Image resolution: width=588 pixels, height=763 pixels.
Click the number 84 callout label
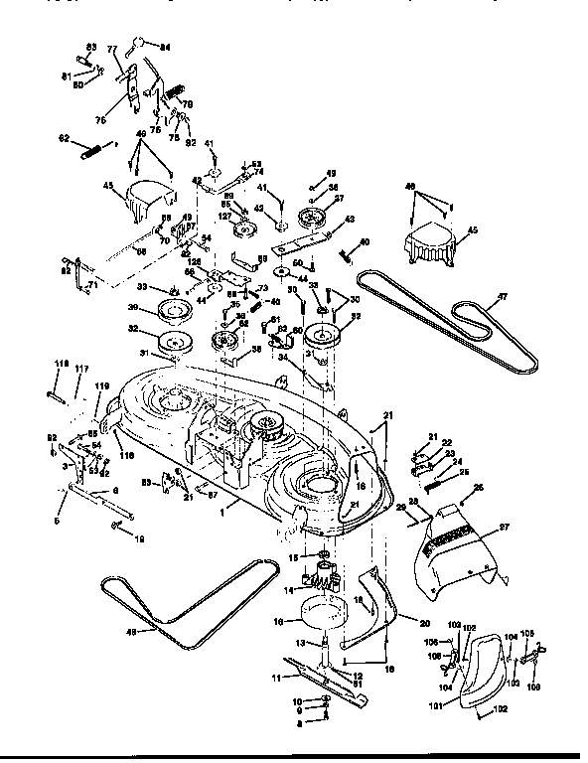[x=165, y=47]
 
